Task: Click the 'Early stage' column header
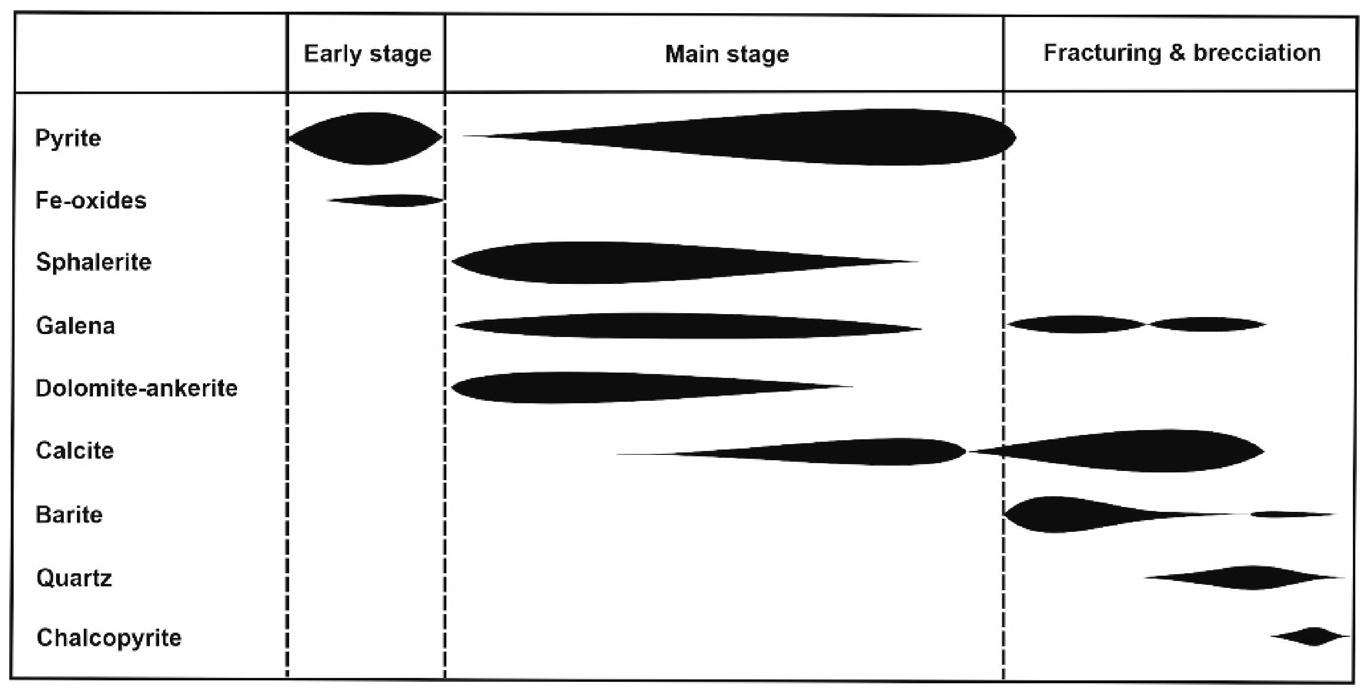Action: point(367,54)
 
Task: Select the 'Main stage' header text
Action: point(726,54)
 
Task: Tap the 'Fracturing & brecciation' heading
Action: point(1182,53)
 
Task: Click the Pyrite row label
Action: point(68,138)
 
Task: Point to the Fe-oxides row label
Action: point(91,200)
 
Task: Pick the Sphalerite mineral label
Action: point(94,262)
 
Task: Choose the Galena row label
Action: point(75,325)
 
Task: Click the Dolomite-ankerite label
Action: point(136,388)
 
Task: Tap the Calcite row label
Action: point(75,450)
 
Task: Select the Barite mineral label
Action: point(69,514)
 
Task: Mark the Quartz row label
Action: point(74,577)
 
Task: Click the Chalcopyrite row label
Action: point(109,637)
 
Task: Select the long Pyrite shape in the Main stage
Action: point(849,137)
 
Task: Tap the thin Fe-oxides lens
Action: point(393,200)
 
